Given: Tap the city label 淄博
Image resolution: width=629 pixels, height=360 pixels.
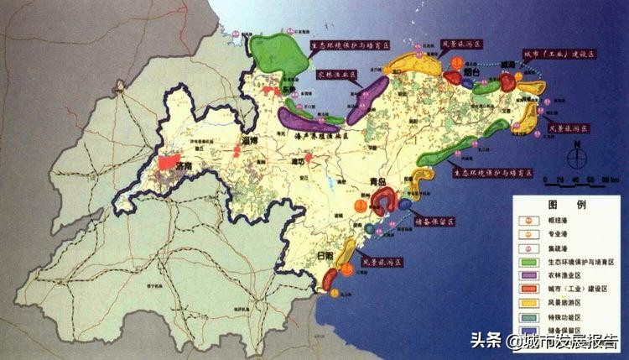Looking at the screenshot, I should (249, 141).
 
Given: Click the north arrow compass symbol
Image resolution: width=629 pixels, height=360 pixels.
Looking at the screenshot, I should (579, 157).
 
